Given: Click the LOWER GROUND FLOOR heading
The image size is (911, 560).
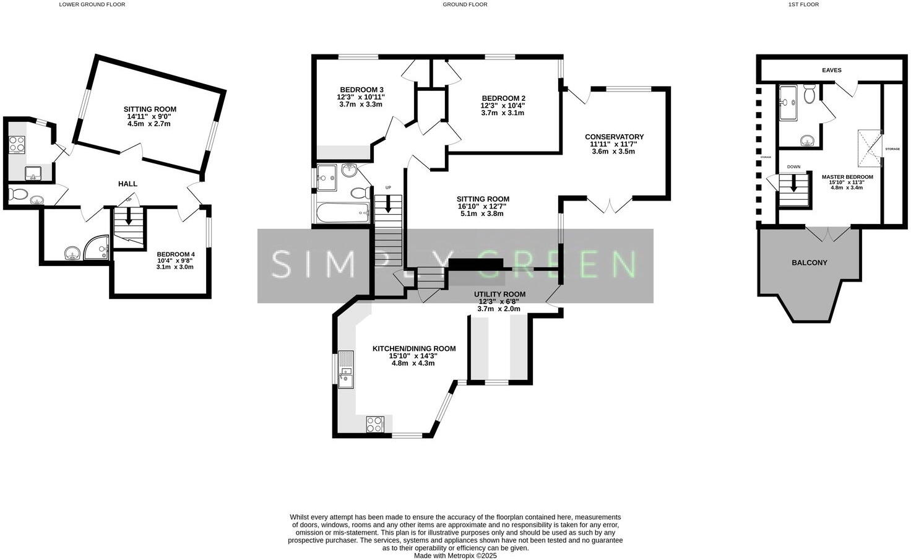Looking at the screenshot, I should coord(92,4).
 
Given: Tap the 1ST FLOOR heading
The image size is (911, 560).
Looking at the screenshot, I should coord(803,4).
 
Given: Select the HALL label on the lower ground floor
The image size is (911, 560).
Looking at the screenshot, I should coord(127,184).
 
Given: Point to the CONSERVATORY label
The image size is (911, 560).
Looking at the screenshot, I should coord(614,137).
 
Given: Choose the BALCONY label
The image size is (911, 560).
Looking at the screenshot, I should coord(809,262).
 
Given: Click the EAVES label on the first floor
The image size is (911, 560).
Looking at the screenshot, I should coord(831,70).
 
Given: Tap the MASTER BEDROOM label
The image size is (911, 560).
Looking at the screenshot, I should coord(847,177).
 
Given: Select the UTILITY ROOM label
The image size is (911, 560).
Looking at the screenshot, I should coord(499,294).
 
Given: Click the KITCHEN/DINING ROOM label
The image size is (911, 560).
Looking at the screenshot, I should coord(413,348).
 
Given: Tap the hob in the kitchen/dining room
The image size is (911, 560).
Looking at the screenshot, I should coord(375,424).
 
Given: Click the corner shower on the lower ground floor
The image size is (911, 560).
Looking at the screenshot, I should coord(97,249).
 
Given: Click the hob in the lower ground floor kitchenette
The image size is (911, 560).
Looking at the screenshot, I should coord(17,144).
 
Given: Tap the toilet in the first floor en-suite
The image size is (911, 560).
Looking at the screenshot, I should coord(809,95).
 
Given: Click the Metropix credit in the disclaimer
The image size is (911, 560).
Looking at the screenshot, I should coord(455,556).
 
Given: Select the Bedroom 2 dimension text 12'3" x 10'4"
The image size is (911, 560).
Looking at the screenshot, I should coord(503,105).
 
